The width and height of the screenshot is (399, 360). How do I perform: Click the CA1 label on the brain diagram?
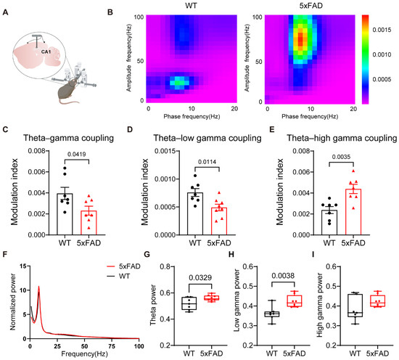click(46, 52)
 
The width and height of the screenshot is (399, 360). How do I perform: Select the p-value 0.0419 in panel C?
click(77, 154)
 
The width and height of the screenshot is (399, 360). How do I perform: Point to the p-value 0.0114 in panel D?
click(207, 162)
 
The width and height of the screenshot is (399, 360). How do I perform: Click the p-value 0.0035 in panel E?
click(341, 157)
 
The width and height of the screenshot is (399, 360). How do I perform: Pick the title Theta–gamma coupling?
click(68, 138)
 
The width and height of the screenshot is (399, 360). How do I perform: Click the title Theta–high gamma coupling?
click(342, 138)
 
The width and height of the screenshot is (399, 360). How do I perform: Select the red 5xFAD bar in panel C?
click(89, 223)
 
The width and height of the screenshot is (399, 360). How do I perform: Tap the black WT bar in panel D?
click(195, 213)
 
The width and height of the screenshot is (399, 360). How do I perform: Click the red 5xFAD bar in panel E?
click(353, 212)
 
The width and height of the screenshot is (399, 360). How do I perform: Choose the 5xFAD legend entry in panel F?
click(123, 266)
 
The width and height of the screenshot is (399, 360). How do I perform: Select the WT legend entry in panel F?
click(118, 276)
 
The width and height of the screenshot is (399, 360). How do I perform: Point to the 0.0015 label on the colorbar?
click(382, 30)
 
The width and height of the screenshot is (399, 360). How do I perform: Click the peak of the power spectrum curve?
click(38, 286)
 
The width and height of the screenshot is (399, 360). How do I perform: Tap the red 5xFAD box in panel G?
click(211, 298)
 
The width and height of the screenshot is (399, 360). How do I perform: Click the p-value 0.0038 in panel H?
click(283, 276)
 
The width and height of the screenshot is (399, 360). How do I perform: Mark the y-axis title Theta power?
click(153, 305)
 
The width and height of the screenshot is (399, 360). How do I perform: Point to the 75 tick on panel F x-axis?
click(112, 346)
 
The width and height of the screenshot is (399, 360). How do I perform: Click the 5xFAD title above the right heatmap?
click(311, 5)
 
